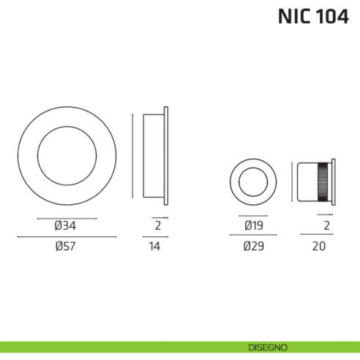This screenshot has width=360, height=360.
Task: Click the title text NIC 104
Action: click(x=312, y=17)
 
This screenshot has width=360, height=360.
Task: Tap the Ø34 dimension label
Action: click(x=66, y=226)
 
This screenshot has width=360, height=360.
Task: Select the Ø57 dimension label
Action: click(x=66, y=247)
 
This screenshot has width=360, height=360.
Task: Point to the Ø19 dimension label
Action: click(x=254, y=226)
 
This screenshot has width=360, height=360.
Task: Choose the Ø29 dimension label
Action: click(x=254, y=247)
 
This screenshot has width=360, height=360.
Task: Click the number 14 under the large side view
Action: click(x=154, y=247)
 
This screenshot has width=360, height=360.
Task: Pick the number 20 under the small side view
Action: click(x=318, y=247)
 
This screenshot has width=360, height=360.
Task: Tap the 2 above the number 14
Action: click(x=157, y=226)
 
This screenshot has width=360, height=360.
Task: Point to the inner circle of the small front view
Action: click(x=254, y=180)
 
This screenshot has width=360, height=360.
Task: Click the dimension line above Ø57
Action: click(x=66, y=236)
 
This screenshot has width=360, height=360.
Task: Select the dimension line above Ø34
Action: click(x=66, y=217)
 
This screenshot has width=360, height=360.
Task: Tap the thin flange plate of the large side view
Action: click(x=168, y=154)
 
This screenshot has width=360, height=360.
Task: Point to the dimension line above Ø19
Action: click(x=254, y=217)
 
